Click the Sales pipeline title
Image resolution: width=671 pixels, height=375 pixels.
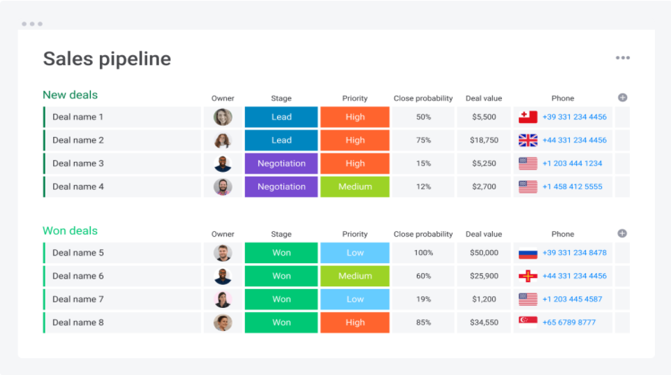click(107, 59)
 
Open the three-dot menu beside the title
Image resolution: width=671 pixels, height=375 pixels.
click(623, 58)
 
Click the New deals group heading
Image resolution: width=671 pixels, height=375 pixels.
click(71, 94)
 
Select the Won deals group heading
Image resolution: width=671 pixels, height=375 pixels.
click(71, 230)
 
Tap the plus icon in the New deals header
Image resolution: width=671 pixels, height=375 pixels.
click(623, 98)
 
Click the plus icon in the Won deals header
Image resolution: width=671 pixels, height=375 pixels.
click(622, 233)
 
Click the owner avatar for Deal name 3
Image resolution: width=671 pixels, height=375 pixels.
click(223, 163)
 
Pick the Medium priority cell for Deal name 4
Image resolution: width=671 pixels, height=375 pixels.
click(355, 186)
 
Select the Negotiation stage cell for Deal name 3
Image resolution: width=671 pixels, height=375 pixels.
click(281, 163)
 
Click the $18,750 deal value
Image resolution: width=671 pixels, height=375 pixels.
click(484, 140)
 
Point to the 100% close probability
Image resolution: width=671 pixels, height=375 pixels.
click(423, 253)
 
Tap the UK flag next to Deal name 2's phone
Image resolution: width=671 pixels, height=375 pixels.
click(528, 140)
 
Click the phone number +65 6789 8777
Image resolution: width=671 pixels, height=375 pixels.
click(569, 323)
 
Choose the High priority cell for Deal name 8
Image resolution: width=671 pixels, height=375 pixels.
click(355, 323)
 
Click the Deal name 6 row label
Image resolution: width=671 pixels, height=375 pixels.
click(78, 276)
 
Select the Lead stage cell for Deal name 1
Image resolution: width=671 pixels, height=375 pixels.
click(281, 117)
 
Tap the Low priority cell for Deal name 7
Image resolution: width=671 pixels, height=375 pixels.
click(355, 299)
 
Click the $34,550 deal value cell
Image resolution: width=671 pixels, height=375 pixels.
click(484, 323)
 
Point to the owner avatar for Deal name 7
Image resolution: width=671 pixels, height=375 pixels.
click(223, 299)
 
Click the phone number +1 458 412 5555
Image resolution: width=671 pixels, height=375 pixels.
click(572, 186)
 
